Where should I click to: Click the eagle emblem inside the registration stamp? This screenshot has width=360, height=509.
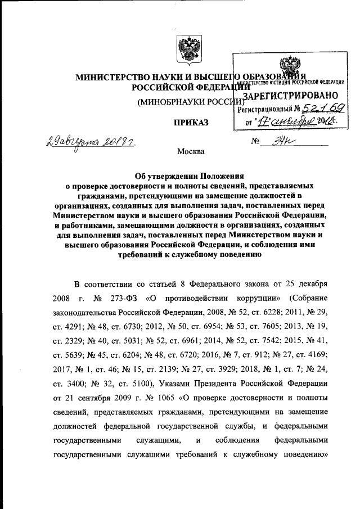coord(286,66)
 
